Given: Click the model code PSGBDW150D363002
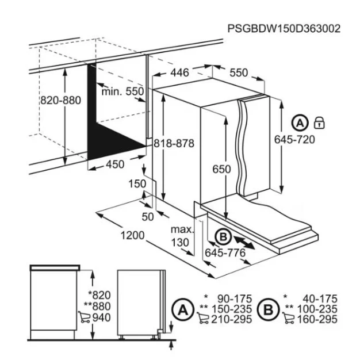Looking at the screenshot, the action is point(284,29).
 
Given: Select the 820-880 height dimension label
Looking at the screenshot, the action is point(60,100).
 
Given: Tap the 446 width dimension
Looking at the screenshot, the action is point(180,72).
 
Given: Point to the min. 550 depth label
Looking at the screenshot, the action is point(122,91).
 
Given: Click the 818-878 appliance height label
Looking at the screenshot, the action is point(174,143).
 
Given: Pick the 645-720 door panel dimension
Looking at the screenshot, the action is point(294,139).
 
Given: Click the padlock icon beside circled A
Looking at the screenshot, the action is point(319,122).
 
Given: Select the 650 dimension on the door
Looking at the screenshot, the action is point(221,169).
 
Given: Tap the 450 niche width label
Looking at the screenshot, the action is point(115,164).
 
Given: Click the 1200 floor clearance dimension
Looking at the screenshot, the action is point(132,235).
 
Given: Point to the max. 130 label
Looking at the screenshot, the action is point(182,236).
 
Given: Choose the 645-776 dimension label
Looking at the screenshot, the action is point(225,253).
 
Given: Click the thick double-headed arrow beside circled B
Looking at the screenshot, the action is point(244,243).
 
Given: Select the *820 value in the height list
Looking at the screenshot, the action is point(99,295).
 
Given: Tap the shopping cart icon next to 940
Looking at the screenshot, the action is point(84,317).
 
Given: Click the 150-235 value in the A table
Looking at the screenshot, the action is point(231,309).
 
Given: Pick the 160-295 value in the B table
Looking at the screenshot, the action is point(317,319).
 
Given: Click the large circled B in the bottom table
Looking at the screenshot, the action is point(268,310).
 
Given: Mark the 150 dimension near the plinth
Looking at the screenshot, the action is point(137,183).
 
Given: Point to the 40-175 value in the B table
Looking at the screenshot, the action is point(320,298).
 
